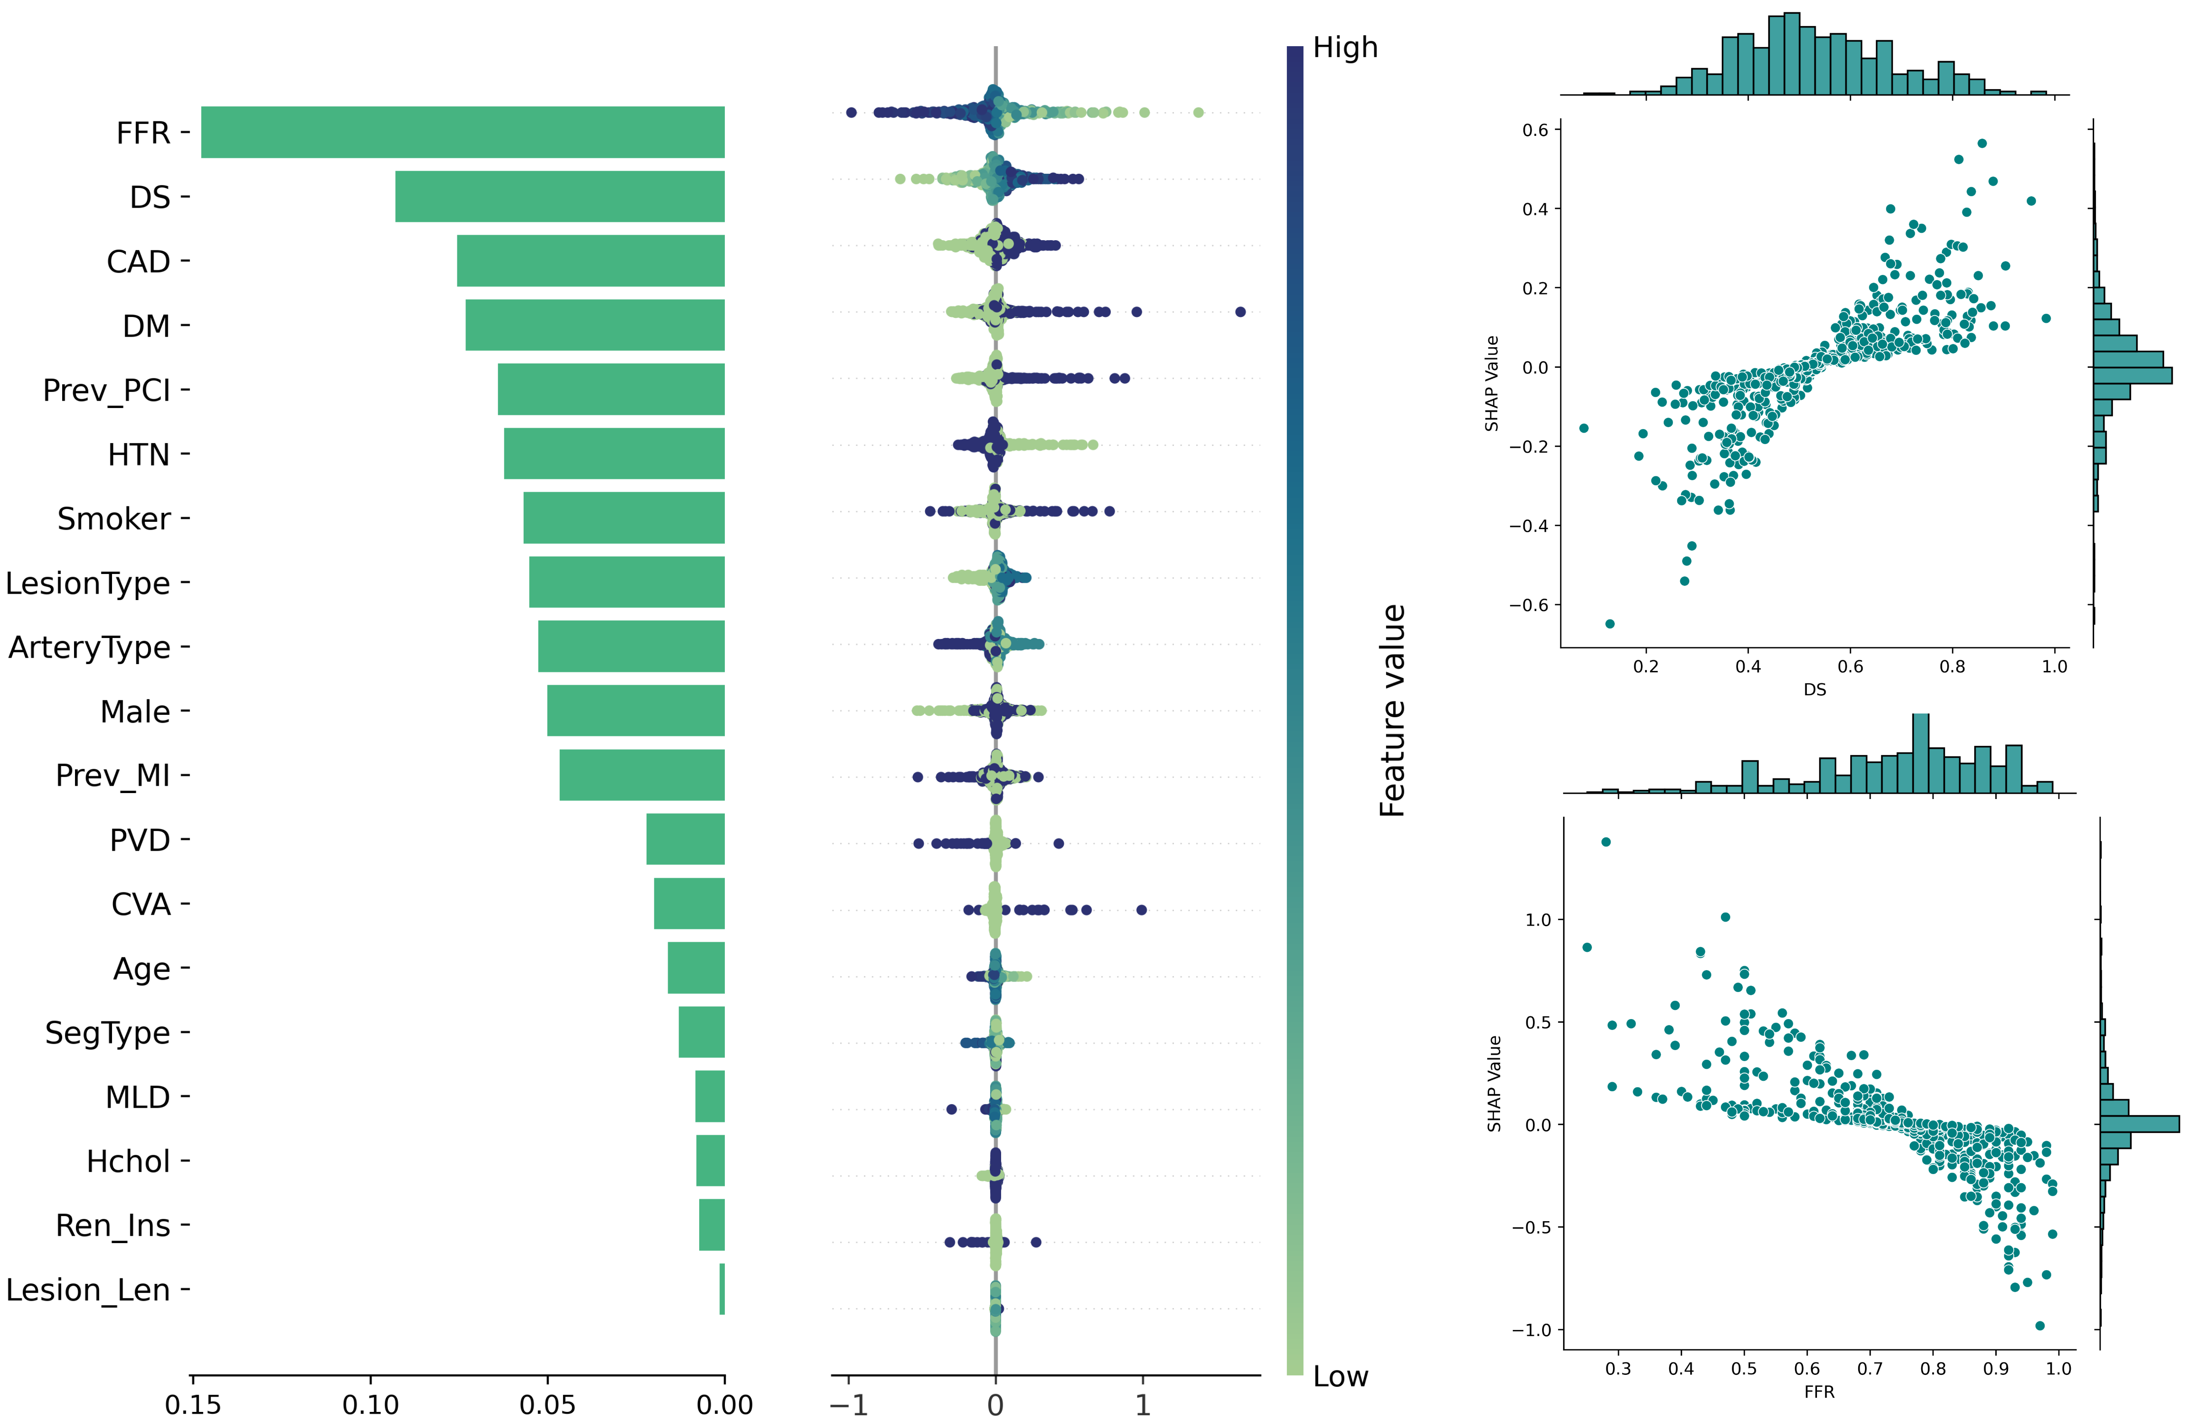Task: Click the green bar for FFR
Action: [461, 132]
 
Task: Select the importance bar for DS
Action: [559, 197]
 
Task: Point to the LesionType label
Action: [88, 583]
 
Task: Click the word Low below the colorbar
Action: [1340, 1376]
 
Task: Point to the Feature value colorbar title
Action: [1392, 711]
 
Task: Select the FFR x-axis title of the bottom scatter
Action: [1818, 1391]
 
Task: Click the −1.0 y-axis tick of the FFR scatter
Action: [1533, 1330]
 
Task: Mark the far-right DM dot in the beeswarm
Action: [1240, 312]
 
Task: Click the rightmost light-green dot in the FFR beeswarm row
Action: [1198, 113]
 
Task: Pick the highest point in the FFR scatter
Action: [1605, 842]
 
